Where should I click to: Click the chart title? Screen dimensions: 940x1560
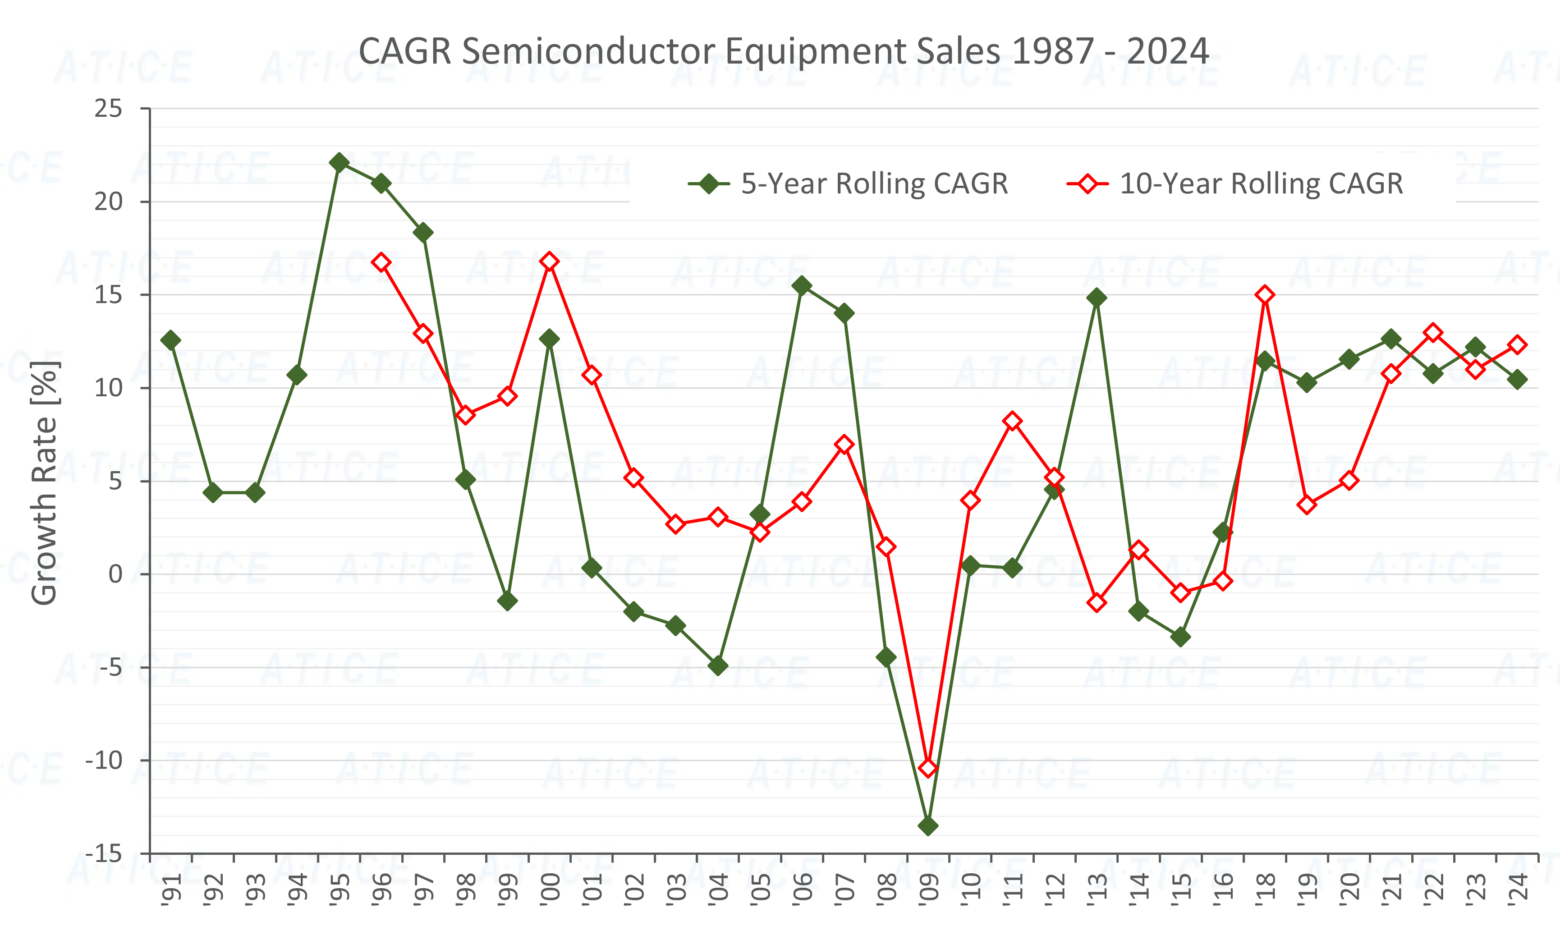[x=783, y=50]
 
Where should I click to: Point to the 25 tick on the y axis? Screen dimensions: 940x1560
[x=108, y=109]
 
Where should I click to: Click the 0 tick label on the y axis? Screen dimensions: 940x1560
[x=115, y=574]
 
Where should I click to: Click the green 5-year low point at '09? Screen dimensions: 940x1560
[x=928, y=825]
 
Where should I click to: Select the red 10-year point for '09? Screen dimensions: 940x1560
[x=928, y=768]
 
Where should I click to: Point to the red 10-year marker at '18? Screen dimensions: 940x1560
[x=1265, y=295]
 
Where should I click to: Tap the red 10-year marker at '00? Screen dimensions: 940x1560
[x=550, y=261]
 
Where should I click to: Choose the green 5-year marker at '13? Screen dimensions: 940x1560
[x=1097, y=298]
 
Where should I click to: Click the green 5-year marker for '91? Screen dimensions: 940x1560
[x=171, y=340]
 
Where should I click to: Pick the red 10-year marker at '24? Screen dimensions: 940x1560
[x=1518, y=344]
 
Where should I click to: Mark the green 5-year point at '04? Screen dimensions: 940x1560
[x=718, y=665]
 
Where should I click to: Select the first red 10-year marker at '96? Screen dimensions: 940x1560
[x=381, y=262]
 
